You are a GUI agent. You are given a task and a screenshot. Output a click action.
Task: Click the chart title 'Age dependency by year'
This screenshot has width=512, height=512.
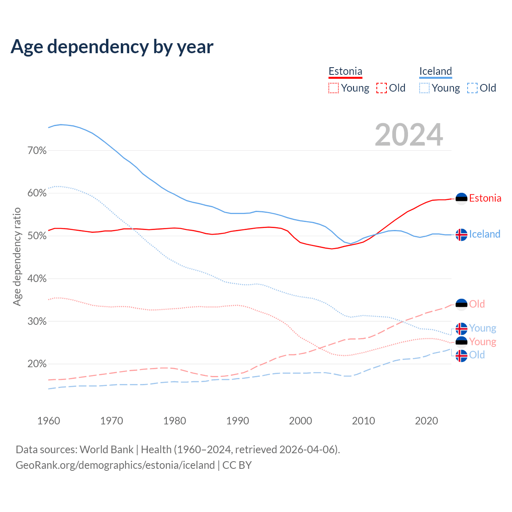pyautogui.click(x=112, y=46)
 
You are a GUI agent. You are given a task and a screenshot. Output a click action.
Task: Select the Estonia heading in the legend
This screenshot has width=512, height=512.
pyautogui.click(x=345, y=71)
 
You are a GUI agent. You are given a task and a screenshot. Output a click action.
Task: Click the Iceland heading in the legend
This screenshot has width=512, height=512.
pyautogui.click(x=436, y=71)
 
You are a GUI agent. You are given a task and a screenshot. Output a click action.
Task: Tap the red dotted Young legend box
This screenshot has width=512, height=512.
pyautogui.click(x=333, y=88)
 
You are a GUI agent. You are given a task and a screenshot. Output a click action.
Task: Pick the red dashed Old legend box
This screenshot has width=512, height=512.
pyautogui.click(x=382, y=88)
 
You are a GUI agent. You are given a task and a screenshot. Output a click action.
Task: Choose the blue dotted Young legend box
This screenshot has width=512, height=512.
pyautogui.click(x=424, y=88)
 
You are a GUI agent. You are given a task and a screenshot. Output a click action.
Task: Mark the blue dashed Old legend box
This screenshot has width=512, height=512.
pyautogui.click(x=472, y=88)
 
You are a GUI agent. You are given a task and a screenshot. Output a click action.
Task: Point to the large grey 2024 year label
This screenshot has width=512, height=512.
pyautogui.click(x=409, y=135)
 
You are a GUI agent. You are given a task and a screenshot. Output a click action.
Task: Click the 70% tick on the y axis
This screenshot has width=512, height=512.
pyautogui.click(x=37, y=150)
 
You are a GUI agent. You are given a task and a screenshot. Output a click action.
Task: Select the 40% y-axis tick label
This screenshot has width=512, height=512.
pyautogui.click(x=37, y=278)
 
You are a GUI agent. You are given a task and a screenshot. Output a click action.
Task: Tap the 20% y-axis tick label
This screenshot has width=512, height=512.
pyautogui.click(x=37, y=364)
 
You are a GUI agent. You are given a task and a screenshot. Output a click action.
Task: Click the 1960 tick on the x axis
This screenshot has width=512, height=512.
pyautogui.click(x=48, y=421)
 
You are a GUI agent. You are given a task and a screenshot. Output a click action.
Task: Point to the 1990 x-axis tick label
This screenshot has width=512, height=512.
pyautogui.click(x=238, y=421)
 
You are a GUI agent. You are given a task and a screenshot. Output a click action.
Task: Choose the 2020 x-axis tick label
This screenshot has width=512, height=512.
pyautogui.click(x=426, y=421)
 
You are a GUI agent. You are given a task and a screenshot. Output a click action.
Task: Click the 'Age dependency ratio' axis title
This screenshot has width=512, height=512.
pyautogui.click(x=17, y=256)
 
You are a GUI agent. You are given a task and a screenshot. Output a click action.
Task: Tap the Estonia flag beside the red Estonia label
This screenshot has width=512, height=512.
pyautogui.click(x=462, y=199)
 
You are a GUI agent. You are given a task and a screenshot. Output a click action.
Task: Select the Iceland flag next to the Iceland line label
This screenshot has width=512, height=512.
pyautogui.click(x=462, y=235)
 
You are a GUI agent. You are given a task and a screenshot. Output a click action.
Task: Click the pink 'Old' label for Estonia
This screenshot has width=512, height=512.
pyautogui.click(x=477, y=304)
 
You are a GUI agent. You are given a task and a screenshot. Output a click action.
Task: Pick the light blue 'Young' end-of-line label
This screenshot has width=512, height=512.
pyautogui.click(x=482, y=328)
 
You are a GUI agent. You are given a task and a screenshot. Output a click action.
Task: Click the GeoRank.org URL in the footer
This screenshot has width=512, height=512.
pyautogui.click(x=115, y=465)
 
